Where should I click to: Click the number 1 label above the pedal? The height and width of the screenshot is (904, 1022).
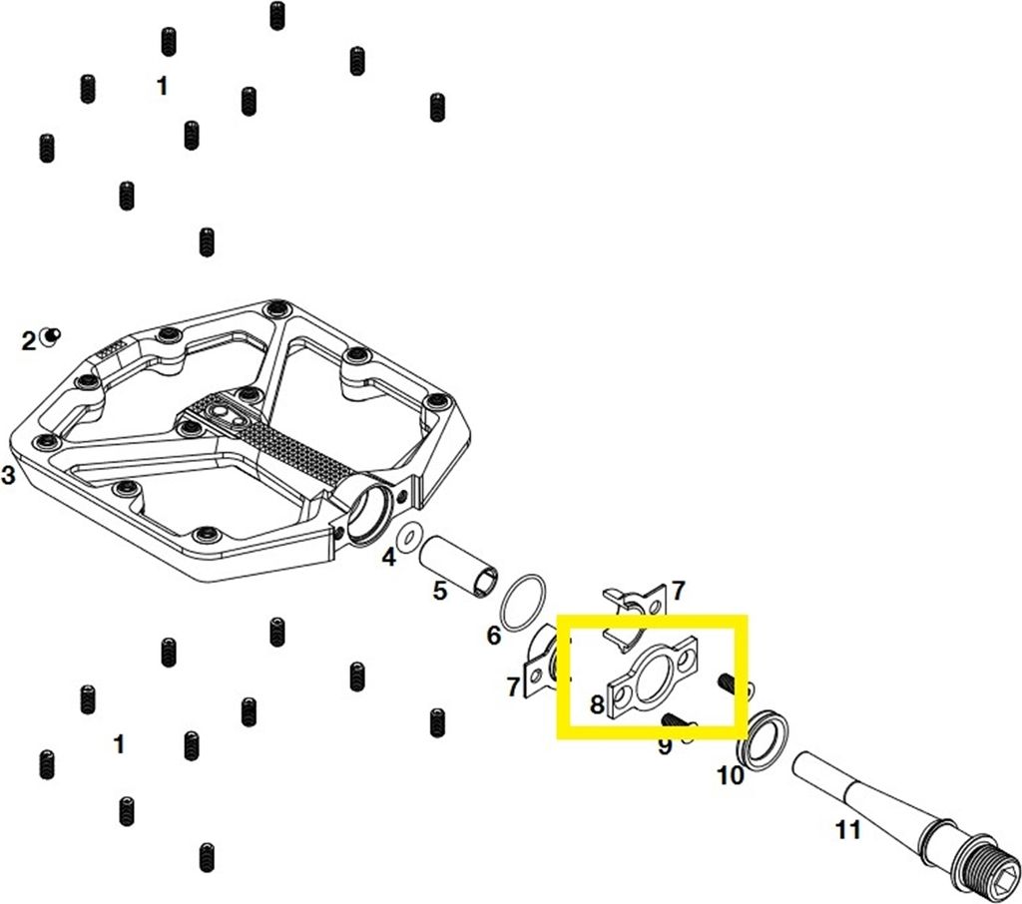tap(163, 86)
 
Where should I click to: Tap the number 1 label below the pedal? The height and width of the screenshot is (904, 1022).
tap(119, 743)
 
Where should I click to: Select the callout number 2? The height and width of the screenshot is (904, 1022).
tap(28, 341)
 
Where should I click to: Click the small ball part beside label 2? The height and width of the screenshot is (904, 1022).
tap(50, 336)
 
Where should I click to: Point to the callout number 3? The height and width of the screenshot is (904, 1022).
tap(8, 475)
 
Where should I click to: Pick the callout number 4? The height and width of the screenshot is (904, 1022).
tap(389, 557)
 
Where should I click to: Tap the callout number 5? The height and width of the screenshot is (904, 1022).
tap(440, 592)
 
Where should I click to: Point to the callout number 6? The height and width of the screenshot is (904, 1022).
tap(493, 635)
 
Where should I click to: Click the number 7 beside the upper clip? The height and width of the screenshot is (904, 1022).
tap(679, 591)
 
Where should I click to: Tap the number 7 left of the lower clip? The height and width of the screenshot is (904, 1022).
tap(514, 686)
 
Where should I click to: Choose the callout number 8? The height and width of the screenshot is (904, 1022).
tap(597, 704)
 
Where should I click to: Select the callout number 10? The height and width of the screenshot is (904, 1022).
tap(730, 775)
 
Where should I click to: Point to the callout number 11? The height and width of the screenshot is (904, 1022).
tap(848, 830)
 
